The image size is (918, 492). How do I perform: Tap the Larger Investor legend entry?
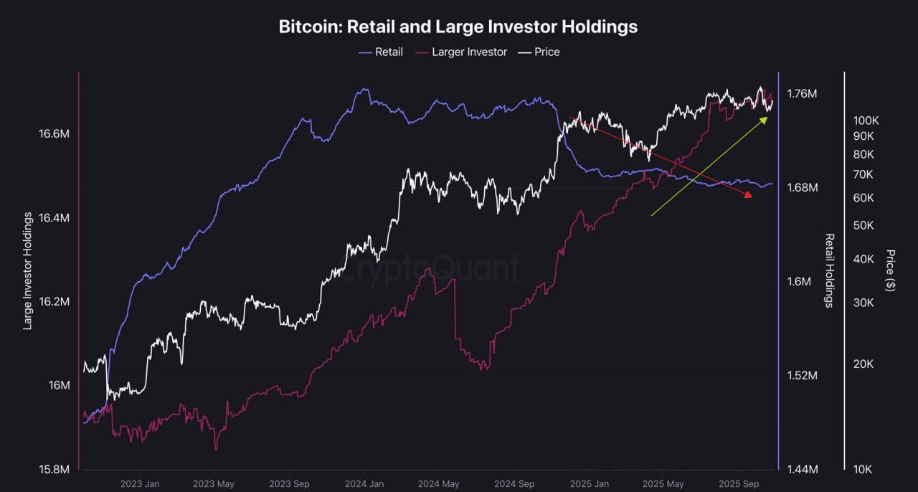pyautogui.click(x=469, y=52)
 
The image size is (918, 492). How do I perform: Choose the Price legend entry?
pyautogui.click(x=546, y=52)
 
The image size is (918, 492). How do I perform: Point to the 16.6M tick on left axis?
pyautogui.click(x=55, y=134)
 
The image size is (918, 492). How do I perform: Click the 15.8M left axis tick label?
pyautogui.click(x=55, y=469)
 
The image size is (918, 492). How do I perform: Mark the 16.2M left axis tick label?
pyautogui.click(x=55, y=301)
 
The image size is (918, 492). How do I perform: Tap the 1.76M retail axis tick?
pyautogui.click(x=802, y=94)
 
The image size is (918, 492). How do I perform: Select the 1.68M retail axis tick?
pyautogui.click(x=802, y=188)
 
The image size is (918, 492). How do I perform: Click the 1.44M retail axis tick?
pyautogui.click(x=802, y=469)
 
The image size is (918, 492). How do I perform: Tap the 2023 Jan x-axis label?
pyautogui.click(x=141, y=484)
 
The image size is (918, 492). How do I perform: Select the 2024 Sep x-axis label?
pyautogui.click(x=516, y=484)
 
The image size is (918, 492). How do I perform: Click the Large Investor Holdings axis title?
pyautogui.click(x=28, y=270)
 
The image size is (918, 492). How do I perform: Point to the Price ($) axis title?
pyautogui.click(x=890, y=270)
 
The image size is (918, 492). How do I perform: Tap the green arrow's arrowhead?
pyautogui.click(x=764, y=119)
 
